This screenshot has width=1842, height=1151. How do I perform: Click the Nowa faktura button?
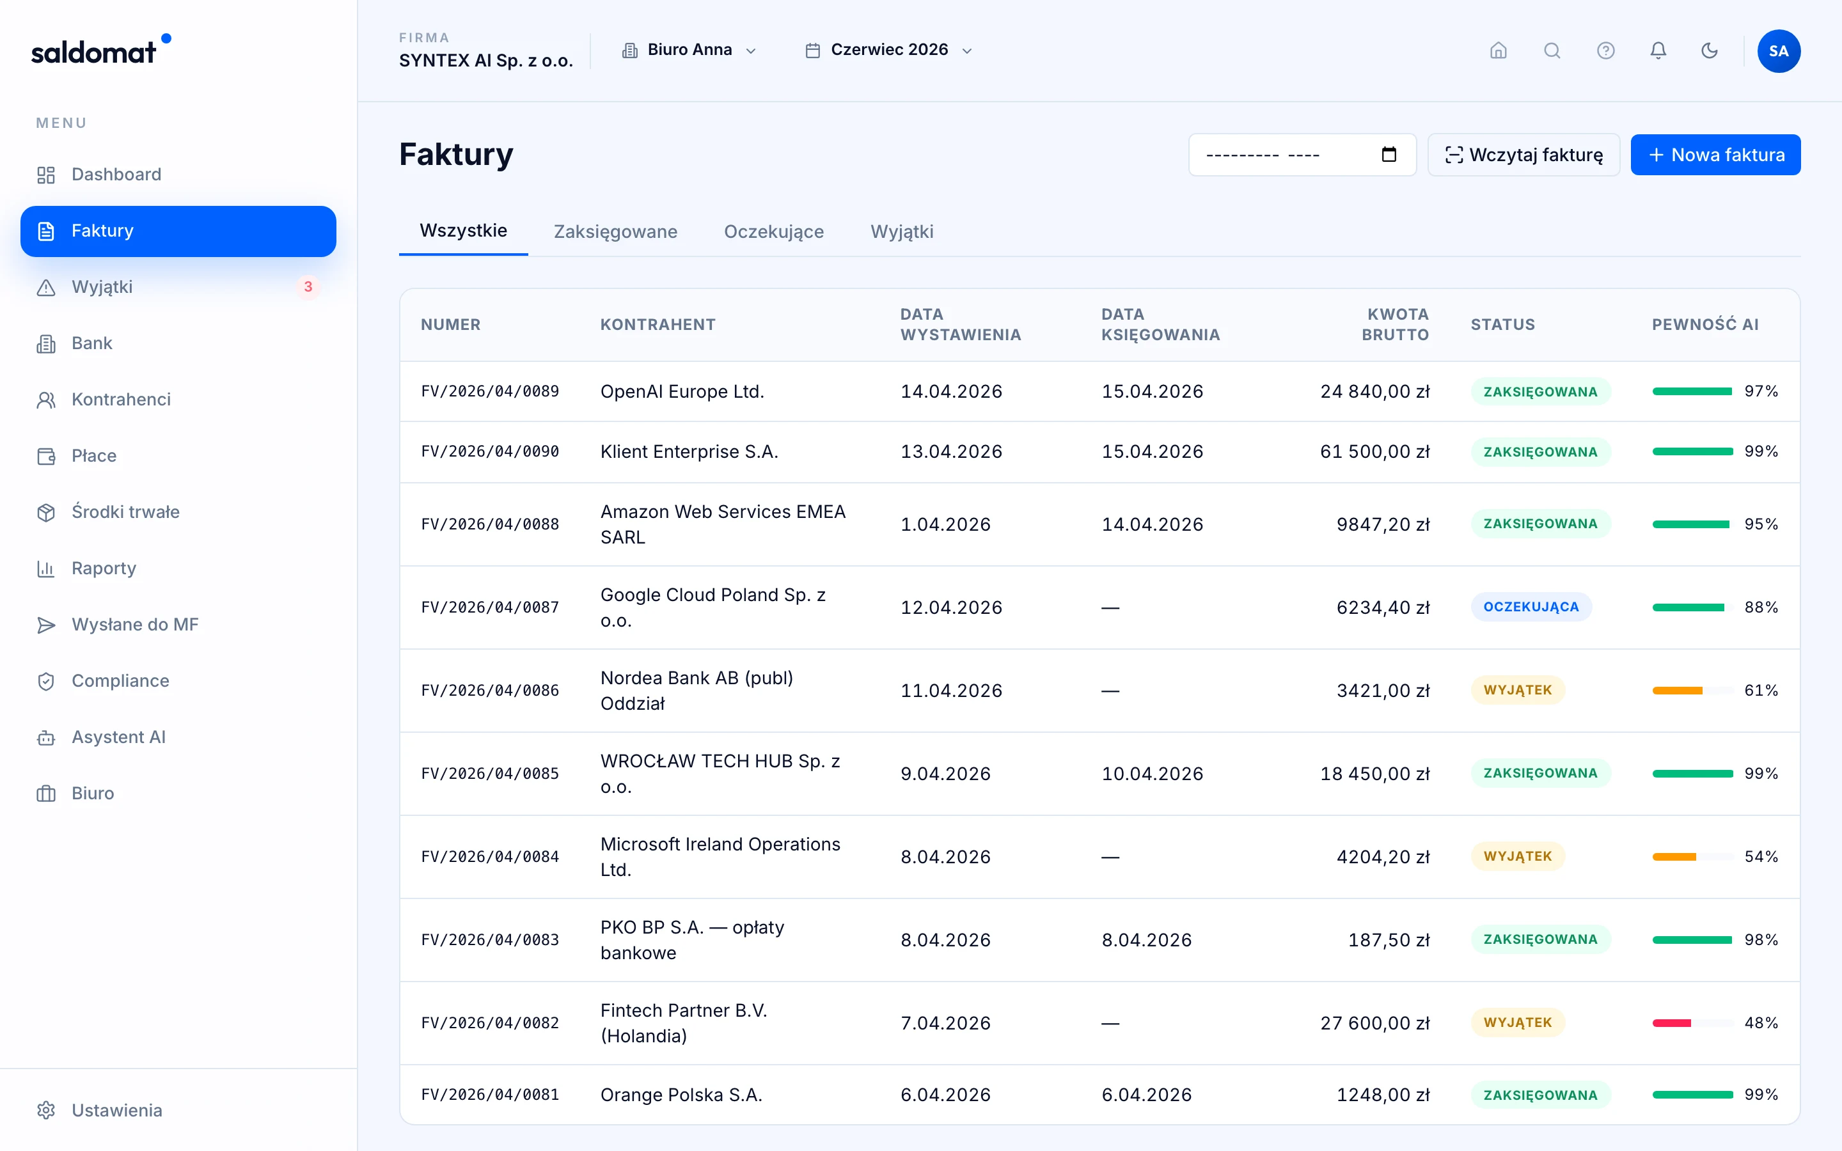pyautogui.click(x=1715, y=155)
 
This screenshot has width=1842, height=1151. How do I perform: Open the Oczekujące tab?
pyautogui.click(x=773, y=231)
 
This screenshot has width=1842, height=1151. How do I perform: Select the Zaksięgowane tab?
pyautogui.click(x=615, y=231)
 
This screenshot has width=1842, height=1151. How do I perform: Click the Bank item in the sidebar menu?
pyautogui.click(x=91, y=343)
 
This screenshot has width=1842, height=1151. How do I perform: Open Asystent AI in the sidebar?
pyautogui.click(x=118, y=737)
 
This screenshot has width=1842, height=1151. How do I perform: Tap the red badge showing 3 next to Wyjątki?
pyautogui.click(x=308, y=287)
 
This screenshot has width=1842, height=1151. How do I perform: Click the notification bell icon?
pyautogui.click(x=1658, y=51)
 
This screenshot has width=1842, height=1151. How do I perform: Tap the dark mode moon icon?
pyautogui.click(x=1710, y=51)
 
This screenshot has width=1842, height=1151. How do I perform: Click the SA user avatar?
pyautogui.click(x=1779, y=51)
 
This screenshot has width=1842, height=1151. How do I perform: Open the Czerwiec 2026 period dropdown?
pyautogui.click(x=889, y=51)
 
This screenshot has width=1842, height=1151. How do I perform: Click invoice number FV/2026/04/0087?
pyautogui.click(x=490, y=607)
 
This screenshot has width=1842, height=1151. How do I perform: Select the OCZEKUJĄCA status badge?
pyautogui.click(x=1531, y=607)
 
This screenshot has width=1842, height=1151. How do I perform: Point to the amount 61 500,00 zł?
pyautogui.click(x=1374, y=451)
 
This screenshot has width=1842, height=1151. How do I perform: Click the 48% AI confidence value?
pyautogui.click(x=1761, y=1023)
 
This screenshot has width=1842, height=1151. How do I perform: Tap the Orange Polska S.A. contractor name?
pyautogui.click(x=681, y=1095)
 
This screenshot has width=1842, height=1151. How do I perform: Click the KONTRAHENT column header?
pyautogui.click(x=657, y=324)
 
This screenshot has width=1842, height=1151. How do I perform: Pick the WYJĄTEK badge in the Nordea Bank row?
pyautogui.click(x=1518, y=690)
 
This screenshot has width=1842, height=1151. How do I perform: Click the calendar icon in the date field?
pyautogui.click(x=1389, y=155)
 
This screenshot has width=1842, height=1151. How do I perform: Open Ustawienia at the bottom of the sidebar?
pyautogui.click(x=116, y=1110)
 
